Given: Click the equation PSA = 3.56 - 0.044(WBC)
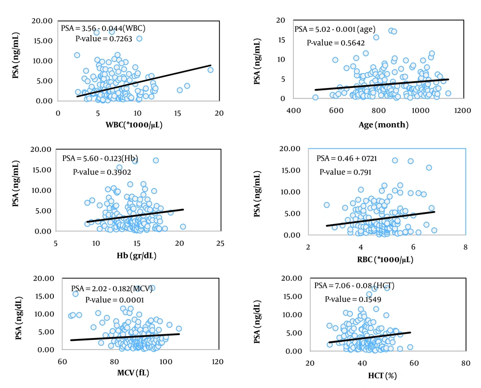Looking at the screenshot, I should pyautogui.click(x=101, y=27).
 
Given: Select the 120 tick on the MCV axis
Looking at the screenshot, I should pyautogui.click(x=217, y=361).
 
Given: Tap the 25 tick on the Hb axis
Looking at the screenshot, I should pyautogui.click(x=220, y=243).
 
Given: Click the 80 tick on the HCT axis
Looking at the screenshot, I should pyautogui.click(x=465, y=363).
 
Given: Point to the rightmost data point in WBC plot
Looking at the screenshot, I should pyautogui.click(x=210, y=70).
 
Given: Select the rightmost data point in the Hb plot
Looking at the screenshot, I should pyautogui.click(x=183, y=226).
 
